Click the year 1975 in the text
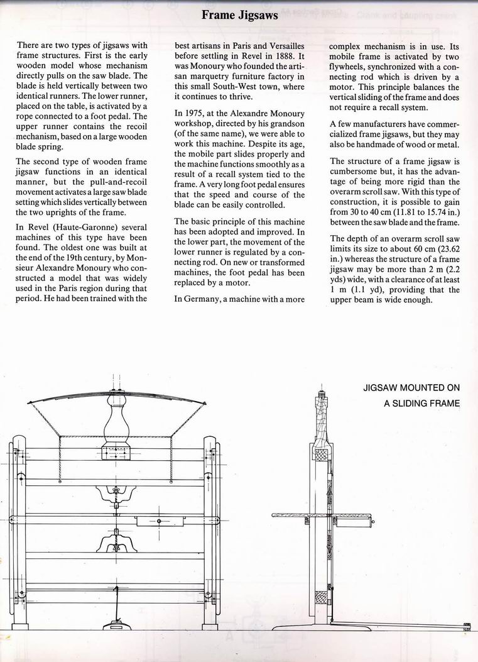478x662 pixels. (200, 113)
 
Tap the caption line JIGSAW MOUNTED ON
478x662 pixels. (412, 388)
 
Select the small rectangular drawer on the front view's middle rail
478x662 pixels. (160, 521)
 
